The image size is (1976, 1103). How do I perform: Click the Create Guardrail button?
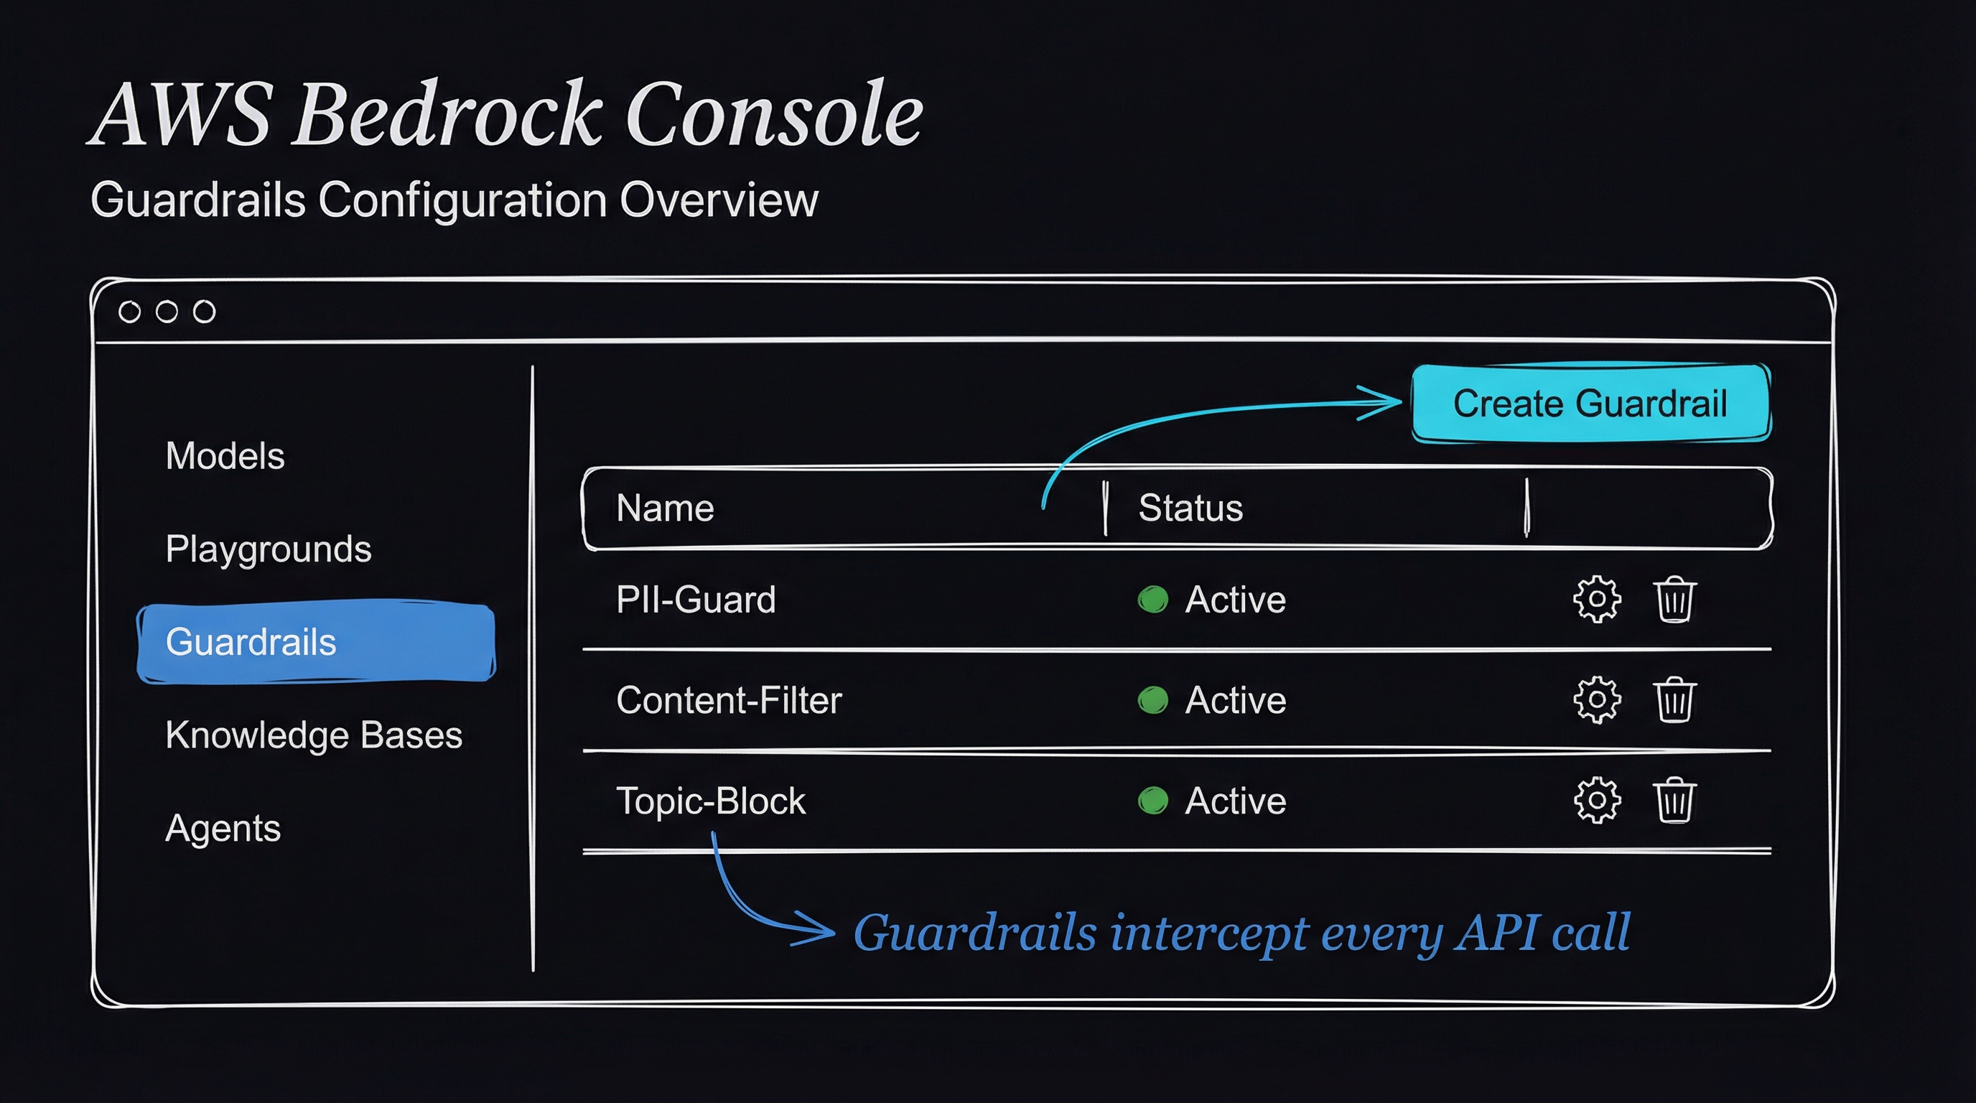coord(1591,403)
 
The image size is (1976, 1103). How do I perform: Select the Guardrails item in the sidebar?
coord(316,642)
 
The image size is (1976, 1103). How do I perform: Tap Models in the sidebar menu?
coord(225,455)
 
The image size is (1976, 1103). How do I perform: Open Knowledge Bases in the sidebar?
coord(314,735)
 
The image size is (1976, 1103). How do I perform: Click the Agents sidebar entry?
coord(223,829)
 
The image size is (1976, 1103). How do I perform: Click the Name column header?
coord(665,508)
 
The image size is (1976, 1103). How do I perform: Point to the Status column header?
coord(1190,508)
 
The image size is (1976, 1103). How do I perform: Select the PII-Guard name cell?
coord(696,599)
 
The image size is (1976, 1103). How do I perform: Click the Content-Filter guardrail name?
coord(729,699)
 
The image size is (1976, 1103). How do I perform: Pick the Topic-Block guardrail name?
coord(710,801)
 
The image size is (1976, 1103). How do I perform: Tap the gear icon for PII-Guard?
coord(1597,599)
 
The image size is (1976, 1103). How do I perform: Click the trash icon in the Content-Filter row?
coord(1674,699)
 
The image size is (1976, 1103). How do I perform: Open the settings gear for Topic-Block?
coord(1597,801)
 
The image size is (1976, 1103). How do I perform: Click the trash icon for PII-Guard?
coord(1674,599)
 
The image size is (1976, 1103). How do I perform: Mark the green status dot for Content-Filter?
coord(1153,699)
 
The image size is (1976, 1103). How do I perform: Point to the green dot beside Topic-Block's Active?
coord(1153,801)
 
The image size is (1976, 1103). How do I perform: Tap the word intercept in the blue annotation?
coord(1208,934)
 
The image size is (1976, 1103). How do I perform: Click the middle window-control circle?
coord(167,312)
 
